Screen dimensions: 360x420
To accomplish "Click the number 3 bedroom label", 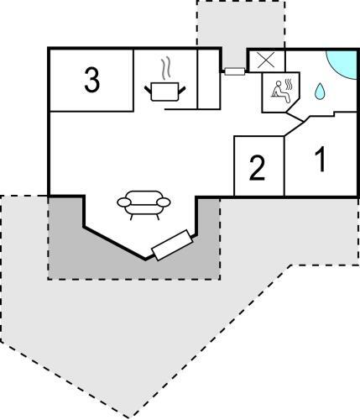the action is point(92,81).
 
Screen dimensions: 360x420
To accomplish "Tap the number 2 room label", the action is point(257,168).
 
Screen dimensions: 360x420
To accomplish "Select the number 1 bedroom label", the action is point(321,159).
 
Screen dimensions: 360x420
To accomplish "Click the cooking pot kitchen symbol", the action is point(164,91).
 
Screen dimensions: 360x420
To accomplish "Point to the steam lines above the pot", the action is point(165,67).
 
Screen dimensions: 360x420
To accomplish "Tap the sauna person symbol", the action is point(280,91).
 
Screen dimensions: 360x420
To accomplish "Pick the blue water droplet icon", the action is point(320,91).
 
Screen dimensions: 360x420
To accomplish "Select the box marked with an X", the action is point(266,60).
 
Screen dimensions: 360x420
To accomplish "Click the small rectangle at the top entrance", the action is point(234,71).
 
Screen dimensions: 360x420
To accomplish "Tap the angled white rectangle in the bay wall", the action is point(172,244).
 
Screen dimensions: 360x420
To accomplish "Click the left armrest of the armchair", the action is point(124,202).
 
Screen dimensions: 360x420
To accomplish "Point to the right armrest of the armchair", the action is point(164,202).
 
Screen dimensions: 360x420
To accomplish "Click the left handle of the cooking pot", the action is point(148,91).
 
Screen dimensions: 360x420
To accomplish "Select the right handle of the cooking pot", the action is point(182,91).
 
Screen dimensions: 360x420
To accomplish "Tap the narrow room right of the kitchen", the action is point(208,79).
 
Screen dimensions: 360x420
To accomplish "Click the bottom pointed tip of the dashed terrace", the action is point(133,417).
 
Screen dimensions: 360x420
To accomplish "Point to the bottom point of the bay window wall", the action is point(145,260).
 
